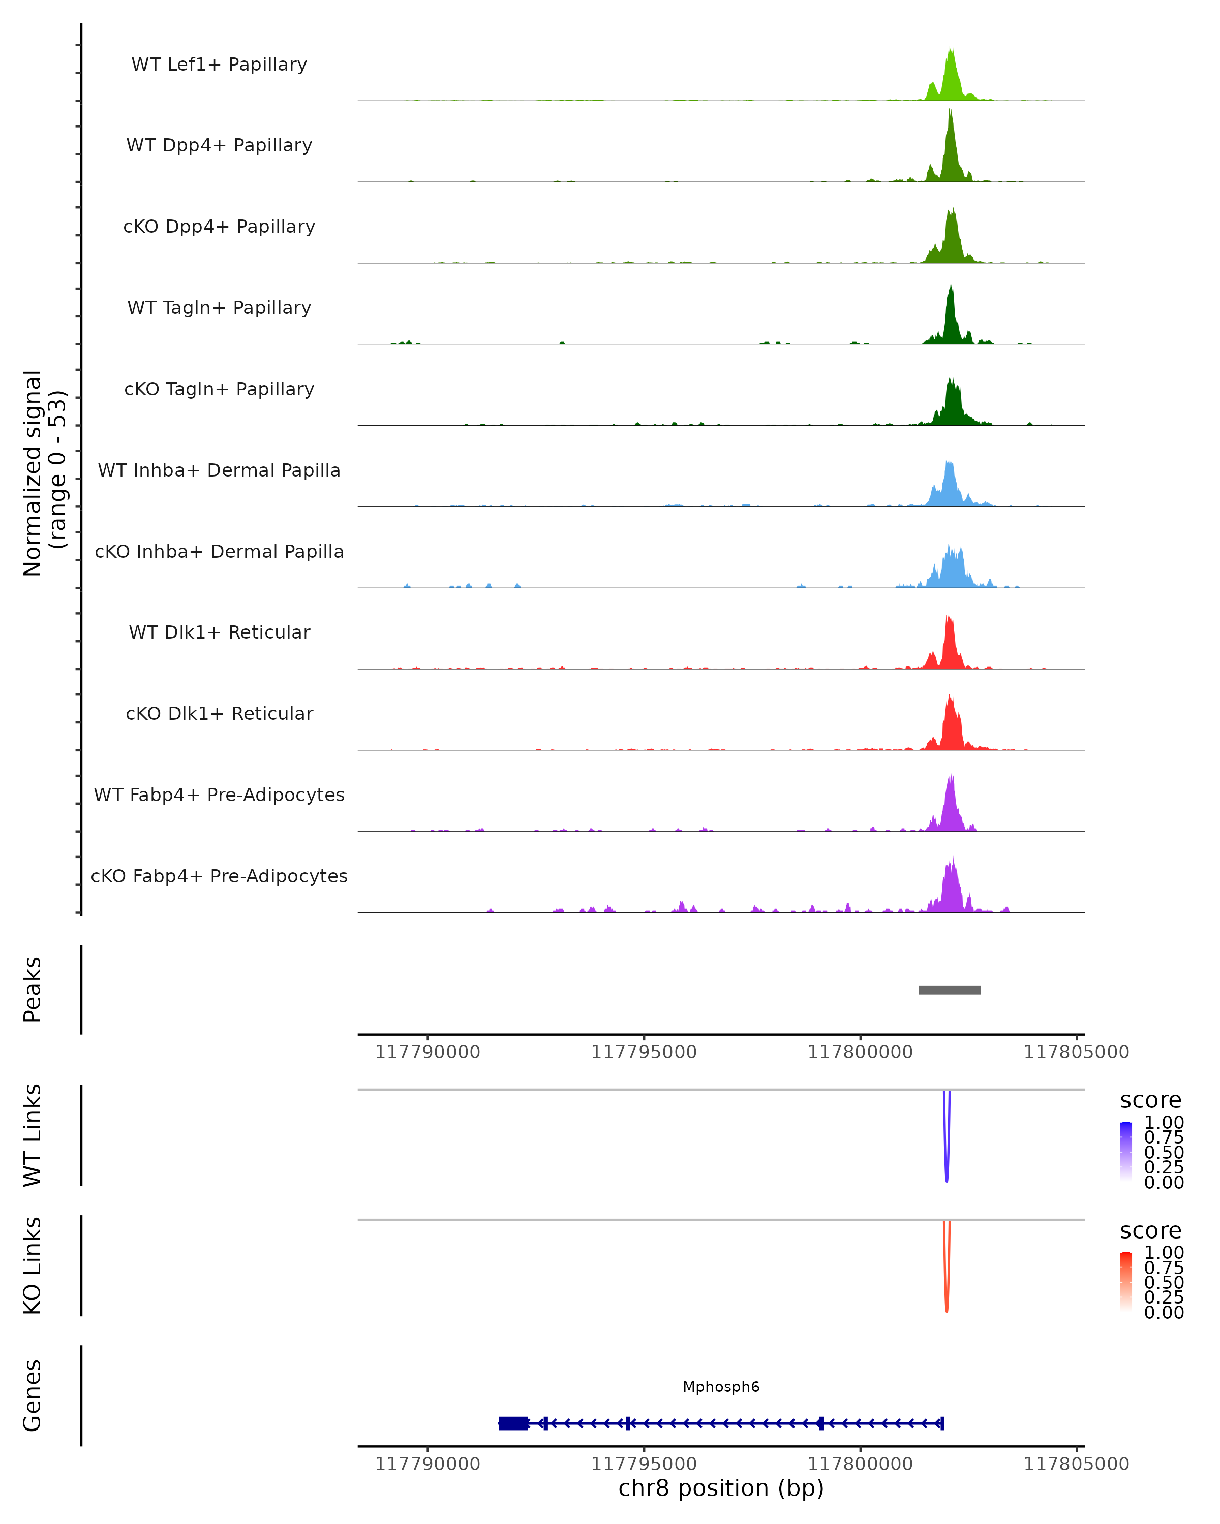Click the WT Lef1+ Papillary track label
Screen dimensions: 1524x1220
(x=219, y=65)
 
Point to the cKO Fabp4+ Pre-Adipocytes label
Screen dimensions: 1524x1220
(x=219, y=876)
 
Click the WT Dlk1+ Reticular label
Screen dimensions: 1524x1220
(x=219, y=632)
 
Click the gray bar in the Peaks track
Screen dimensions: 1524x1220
(x=949, y=990)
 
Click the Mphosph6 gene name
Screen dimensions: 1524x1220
(x=721, y=1387)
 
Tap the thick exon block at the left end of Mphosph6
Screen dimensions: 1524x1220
(x=513, y=1423)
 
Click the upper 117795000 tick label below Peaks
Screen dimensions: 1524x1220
(x=644, y=1052)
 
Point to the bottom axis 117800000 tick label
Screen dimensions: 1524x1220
(x=860, y=1464)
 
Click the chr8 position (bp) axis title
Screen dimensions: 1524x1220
(x=721, y=1488)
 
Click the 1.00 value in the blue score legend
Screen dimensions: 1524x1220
(x=1164, y=1123)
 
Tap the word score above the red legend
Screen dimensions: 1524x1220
(x=1150, y=1231)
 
